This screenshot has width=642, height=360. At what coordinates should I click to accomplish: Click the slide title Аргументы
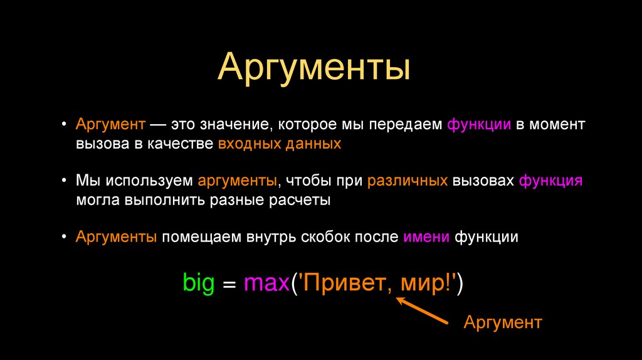point(313,68)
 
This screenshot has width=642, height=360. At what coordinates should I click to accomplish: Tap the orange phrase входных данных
point(280,144)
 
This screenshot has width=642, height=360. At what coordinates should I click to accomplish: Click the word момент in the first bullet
point(557,124)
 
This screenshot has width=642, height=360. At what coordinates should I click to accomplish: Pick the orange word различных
point(407,181)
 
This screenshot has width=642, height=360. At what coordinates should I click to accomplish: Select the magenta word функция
point(551,181)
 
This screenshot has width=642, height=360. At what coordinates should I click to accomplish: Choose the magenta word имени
point(426,238)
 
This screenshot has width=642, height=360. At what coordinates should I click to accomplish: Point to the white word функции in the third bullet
point(487,238)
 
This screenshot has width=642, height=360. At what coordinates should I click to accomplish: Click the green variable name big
point(198,283)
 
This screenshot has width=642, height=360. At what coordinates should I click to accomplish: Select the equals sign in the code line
point(229,284)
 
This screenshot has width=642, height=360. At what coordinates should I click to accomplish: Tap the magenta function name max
point(266,283)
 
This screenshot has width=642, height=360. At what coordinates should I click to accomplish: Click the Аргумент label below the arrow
point(502,322)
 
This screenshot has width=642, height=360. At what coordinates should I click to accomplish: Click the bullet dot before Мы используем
point(66,181)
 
